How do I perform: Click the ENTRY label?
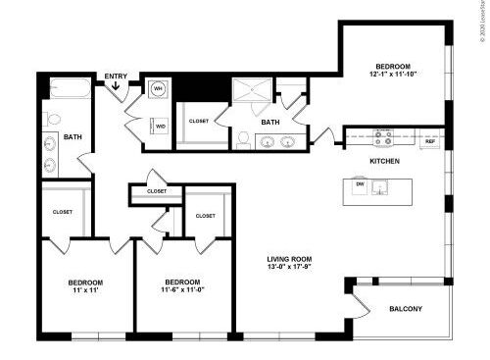pos(116,76)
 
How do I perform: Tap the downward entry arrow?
pos(117,87)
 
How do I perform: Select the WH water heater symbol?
pos(157,89)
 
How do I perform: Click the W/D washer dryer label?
pos(161,127)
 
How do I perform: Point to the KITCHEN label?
pos(383,160)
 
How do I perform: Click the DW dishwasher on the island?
pos(360,183)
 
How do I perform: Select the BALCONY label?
pos(406,310)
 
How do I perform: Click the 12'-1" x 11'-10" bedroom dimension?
pos(392,74)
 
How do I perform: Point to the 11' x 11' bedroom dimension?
pos(86,291)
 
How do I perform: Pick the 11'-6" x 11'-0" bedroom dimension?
pos(183,291)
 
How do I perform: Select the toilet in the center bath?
pos(243,138)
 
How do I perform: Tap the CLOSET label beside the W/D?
pos(199,121)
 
